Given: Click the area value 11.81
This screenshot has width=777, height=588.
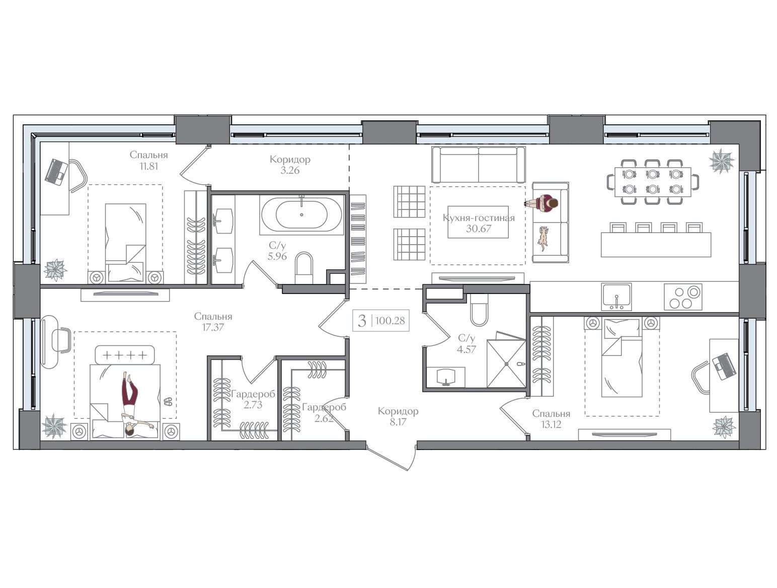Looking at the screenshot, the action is pos(148,166).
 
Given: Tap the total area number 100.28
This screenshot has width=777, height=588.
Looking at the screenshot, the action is pos(390,321).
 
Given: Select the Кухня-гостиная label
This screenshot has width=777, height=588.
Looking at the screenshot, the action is pos(479,217).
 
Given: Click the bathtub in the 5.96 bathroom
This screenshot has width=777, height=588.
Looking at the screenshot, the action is pos(301,214).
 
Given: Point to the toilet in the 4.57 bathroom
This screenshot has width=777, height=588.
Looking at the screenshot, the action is pos(479,311).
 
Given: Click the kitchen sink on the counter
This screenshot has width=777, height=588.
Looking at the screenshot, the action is pos(616,297).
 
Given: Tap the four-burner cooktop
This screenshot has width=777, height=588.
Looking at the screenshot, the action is pos(683,297).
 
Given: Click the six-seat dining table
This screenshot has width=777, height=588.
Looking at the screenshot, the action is pos(653,182).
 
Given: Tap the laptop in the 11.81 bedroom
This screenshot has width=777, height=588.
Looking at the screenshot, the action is pos(57,172).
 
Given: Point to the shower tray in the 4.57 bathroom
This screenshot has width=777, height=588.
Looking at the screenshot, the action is pos(506,363).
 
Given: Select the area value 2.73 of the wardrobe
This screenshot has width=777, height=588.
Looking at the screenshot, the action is pos(253,405).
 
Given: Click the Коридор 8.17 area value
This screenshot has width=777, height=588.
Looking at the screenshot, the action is pos(398,422).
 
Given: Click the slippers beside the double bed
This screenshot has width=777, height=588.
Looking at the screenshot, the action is pos(168,401).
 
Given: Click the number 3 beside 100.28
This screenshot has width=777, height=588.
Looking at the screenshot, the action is pos(362,321).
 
